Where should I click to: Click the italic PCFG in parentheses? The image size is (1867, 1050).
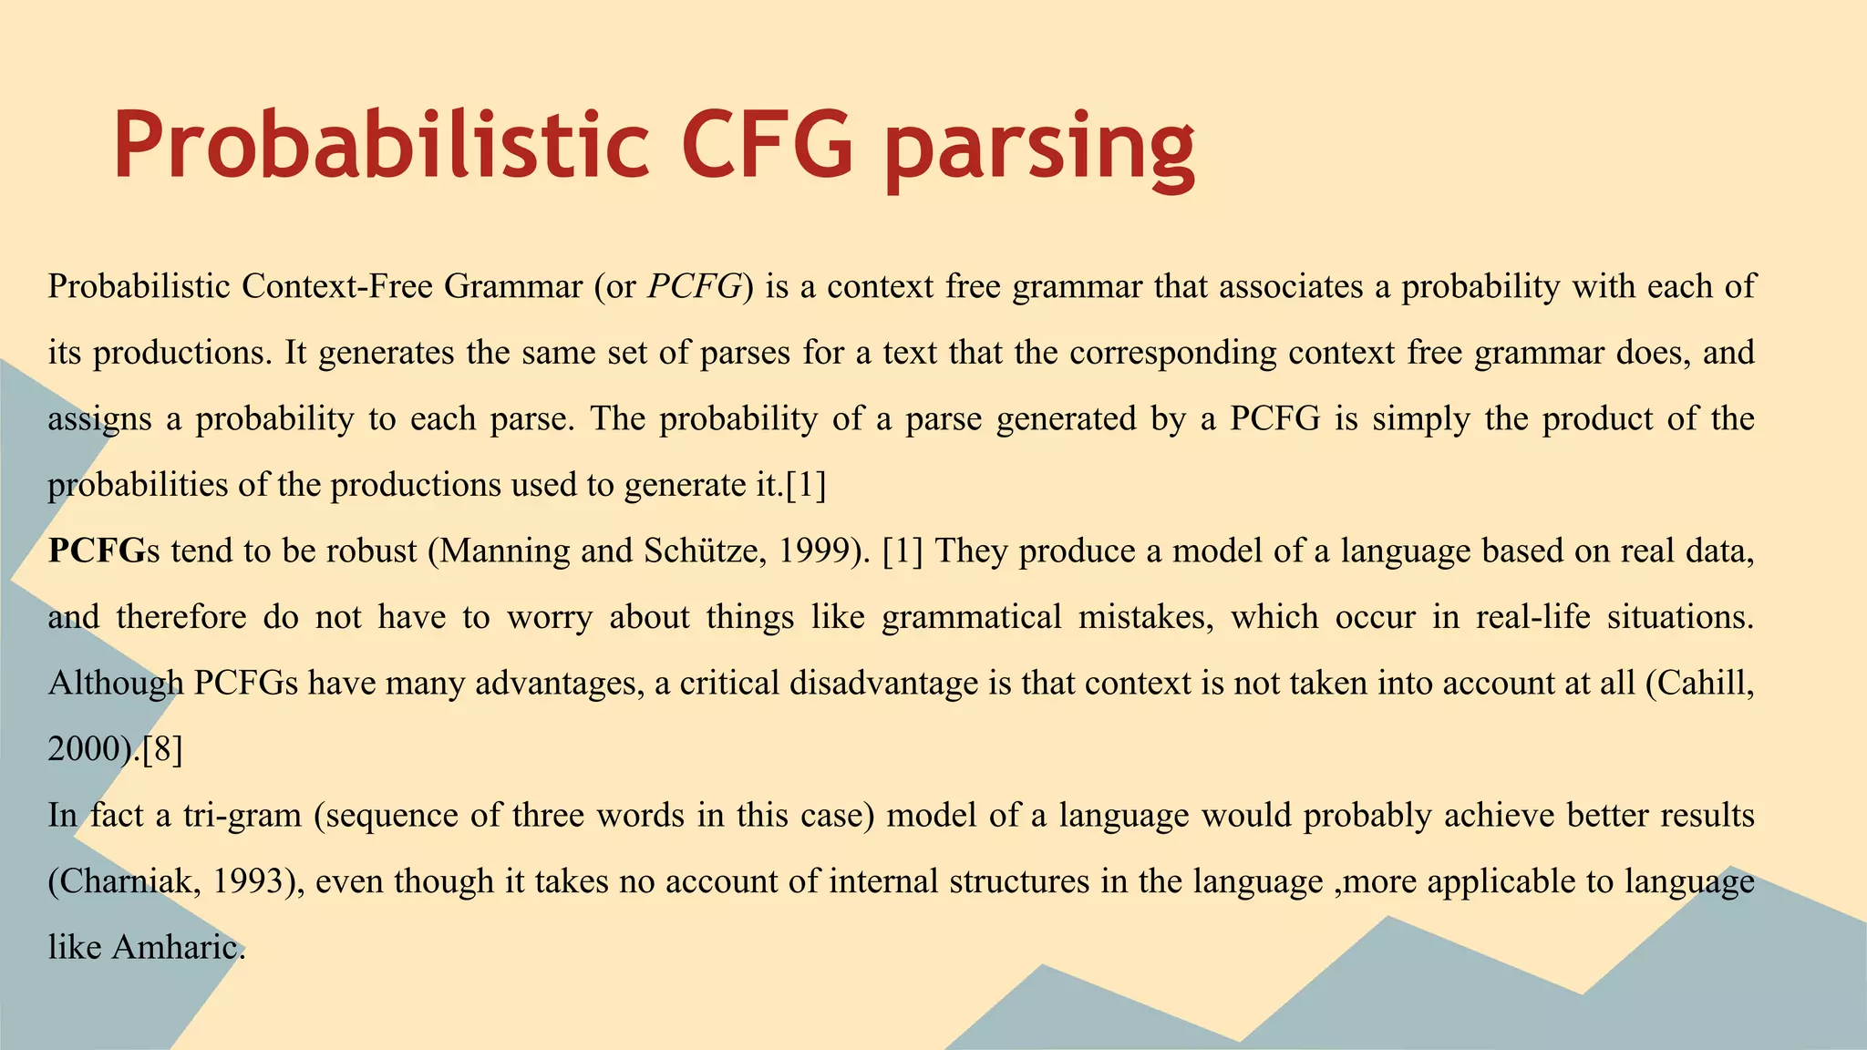(695, 287)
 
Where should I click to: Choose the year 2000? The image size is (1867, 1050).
(84, 749)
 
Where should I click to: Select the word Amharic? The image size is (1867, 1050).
(178, 948)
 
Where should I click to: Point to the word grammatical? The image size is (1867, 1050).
(972, 617)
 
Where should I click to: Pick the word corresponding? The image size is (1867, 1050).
(1173, 353)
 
